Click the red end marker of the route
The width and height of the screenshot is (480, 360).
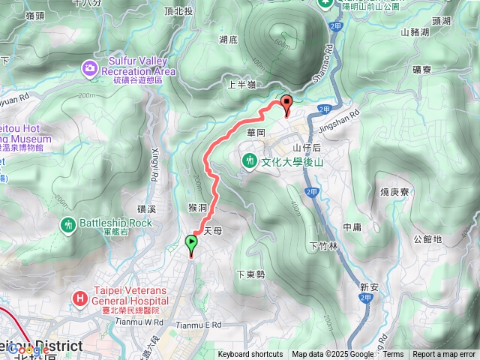286,105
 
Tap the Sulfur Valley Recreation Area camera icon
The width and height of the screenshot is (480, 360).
90,68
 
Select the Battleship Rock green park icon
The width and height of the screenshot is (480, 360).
70,223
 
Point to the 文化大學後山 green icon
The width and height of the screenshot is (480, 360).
249,160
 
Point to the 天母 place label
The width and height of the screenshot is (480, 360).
213,231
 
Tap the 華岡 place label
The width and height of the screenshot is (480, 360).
256,132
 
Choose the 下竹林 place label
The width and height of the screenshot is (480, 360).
323,246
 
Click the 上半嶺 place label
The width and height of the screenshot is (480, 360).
241,86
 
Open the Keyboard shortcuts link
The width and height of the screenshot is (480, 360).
250,355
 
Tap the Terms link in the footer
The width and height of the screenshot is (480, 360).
393,355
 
